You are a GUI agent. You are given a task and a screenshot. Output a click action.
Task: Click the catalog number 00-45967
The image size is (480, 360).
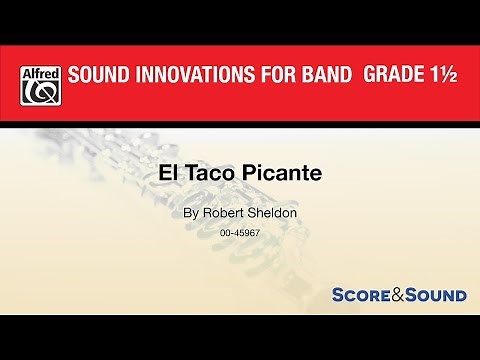click(240, 234)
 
